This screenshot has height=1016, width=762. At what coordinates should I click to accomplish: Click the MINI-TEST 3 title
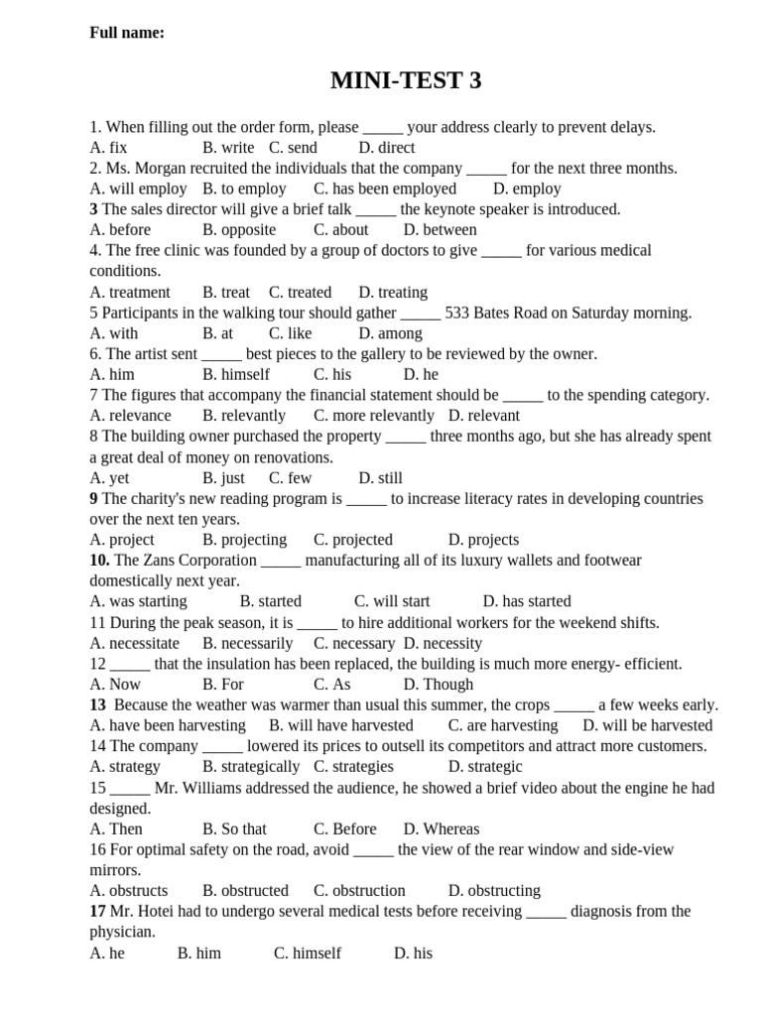click(406, 81)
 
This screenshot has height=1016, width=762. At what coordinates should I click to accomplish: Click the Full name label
click(127, 33)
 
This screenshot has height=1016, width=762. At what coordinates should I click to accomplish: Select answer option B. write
click(228, 148)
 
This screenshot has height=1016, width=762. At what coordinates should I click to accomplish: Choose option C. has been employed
click(385, 189)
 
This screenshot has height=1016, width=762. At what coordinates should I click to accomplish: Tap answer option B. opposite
click(239, 230)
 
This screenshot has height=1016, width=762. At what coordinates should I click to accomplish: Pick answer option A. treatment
click(130, 293)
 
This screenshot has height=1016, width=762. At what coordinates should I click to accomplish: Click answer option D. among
click(390, 333)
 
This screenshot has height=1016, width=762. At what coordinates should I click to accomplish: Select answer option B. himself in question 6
click(236, 375)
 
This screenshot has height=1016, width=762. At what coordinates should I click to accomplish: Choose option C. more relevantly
click(374, 416)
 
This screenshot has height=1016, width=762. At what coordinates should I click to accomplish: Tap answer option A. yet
click(109, 478)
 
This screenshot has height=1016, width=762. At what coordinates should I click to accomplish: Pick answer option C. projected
click(353, 540)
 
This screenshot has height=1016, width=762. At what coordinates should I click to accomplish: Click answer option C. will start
click(392, 601)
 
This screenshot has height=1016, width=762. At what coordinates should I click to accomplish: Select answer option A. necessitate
click(135, 643)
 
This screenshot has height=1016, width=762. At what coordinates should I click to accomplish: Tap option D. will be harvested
click(648, 725)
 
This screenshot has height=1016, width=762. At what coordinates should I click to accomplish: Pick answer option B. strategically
click(251, 767)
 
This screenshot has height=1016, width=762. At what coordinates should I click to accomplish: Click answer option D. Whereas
click(442, 828)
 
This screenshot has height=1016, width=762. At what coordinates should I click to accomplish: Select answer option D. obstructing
click(494, 891)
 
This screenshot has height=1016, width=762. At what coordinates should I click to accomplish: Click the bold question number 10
click(100, 561)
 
